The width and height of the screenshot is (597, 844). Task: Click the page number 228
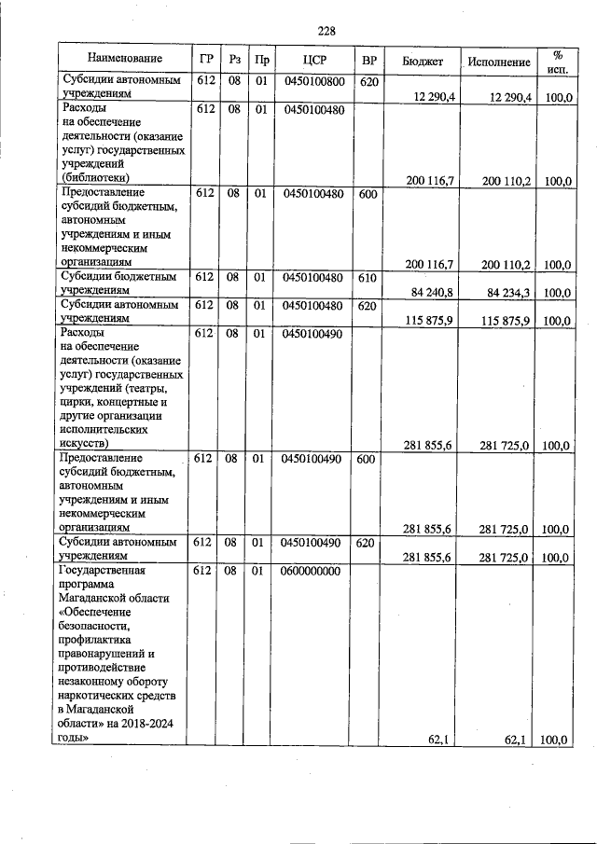[326, 31]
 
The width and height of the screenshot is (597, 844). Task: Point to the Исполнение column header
[499, 61]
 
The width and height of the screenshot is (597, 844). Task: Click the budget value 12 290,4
[430, 97]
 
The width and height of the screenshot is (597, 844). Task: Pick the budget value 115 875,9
[429, 321]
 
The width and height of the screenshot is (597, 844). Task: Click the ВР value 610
[368, 277]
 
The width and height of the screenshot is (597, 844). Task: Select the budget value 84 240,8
[431, 293]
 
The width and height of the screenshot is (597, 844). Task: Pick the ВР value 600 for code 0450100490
[368, 459]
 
